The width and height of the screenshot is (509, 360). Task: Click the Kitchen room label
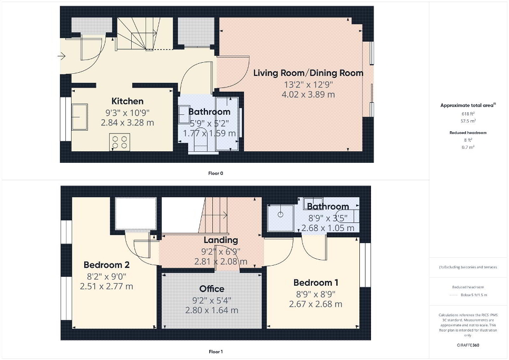pyautogui.click(x=128, y=101)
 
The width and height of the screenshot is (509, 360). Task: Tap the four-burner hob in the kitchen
pyautogui.click(x=120, y=142)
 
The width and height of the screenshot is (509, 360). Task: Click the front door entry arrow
pyautogui.click(x=62, y=56)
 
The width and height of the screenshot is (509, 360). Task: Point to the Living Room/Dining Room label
pyautogui.click(x=308, y=73)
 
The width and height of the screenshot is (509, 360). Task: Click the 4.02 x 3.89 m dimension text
pyautogui.click(x=308, y=94)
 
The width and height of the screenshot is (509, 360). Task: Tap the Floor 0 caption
pyautogui.click(x=216, y=173)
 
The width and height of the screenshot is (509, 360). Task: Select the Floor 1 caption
pyautogui.click(x=216, y=352)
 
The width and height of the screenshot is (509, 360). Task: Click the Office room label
pyautogui.click(x=212, y=289)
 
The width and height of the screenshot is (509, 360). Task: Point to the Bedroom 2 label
pyautogui.click(x=106, y=265)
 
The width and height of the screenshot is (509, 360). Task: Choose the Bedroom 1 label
pyautogui.click(x=316, y=283)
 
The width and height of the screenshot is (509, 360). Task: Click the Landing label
pyautogui.click(x=221, y=240)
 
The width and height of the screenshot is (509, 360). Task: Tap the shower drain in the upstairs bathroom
pyautogui.click(x=280, y=215)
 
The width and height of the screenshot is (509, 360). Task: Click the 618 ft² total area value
pyautogui.click(x=468, y=114)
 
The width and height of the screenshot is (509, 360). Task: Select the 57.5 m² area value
pyautogui.click(x=468, y=121)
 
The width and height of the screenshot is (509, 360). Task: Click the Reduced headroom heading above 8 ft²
pyautogui.click(x=468, y=133)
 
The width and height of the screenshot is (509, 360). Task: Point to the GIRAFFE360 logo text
pyautogui.click(x=468, y=345)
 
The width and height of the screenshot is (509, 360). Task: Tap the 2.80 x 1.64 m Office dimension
pyautogui.click(x=212, y=310)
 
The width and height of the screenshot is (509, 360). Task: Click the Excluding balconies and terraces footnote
pyautogui.click(x=468, y=267)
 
